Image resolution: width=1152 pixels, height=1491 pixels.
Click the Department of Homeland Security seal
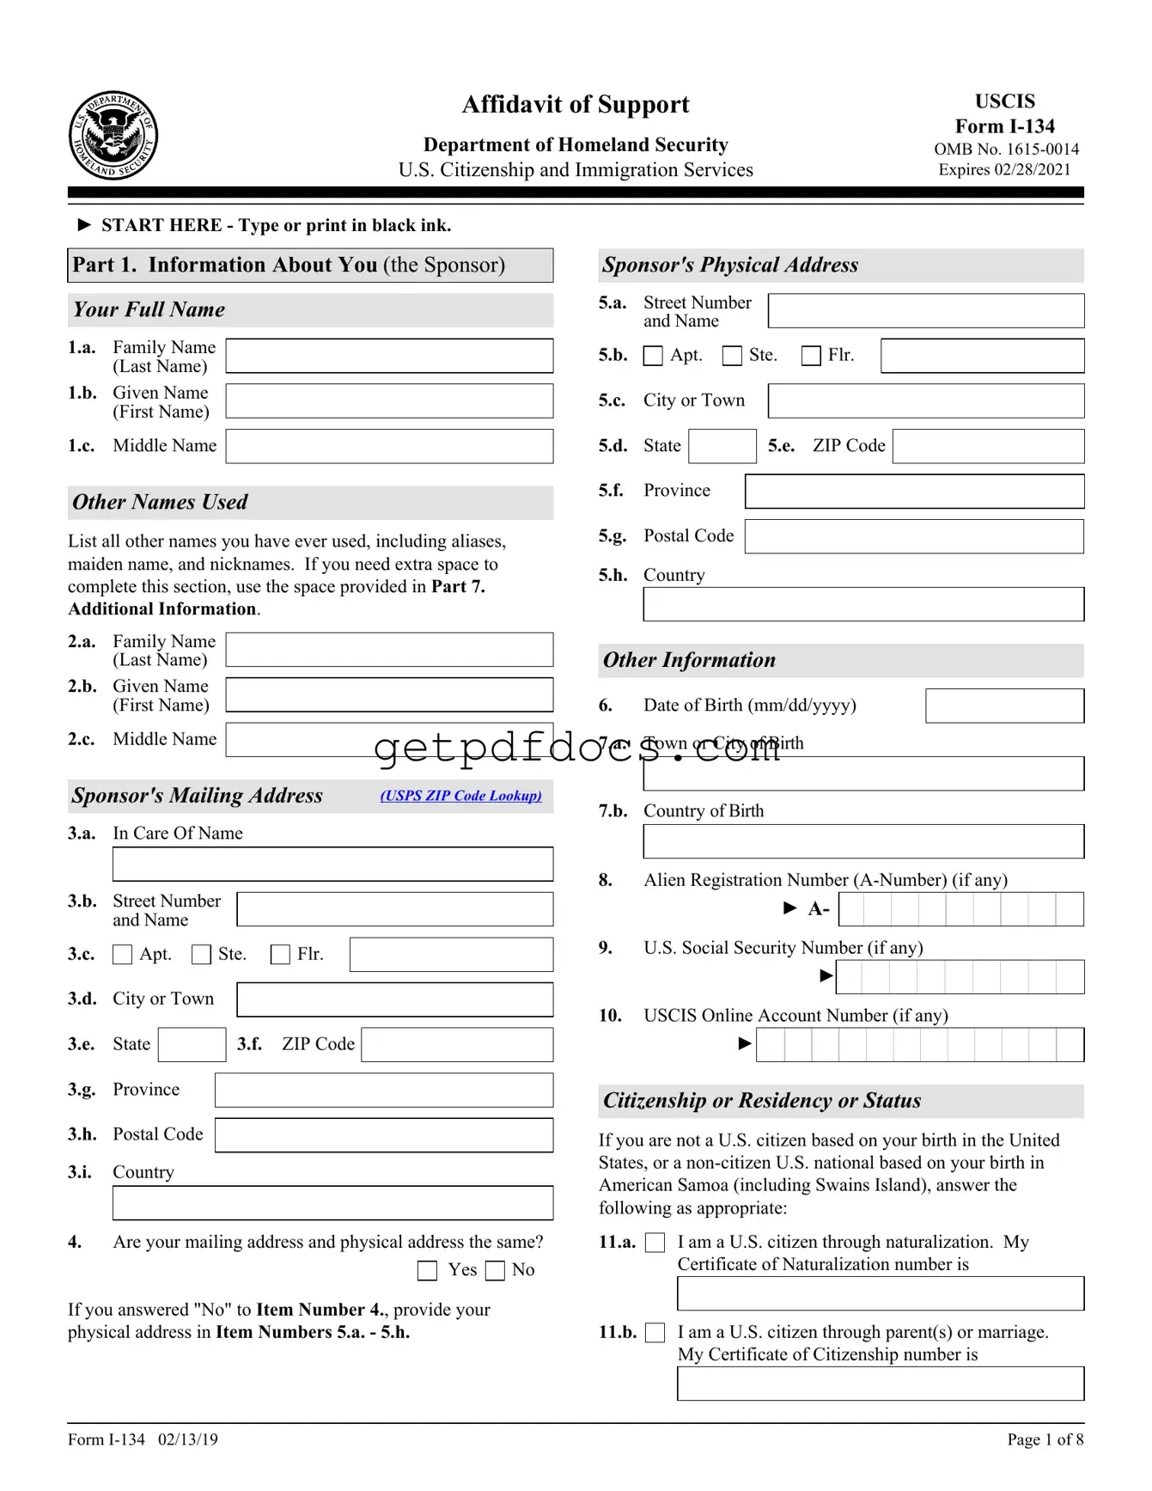(x=113, y=136)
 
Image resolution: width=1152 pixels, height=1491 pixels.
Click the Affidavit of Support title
(x=576, y=105)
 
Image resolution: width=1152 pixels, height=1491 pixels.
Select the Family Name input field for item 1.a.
(x=389, y=356)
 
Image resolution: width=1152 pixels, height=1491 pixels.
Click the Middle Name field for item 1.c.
(x=389, y=446)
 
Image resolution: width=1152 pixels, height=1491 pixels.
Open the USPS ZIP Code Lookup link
(x=461, y=796)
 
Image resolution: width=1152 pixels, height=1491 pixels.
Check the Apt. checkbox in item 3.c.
(x=123, y=955)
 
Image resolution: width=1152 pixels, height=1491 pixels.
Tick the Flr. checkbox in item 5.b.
(x=811, y=356)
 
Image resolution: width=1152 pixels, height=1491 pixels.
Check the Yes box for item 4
(x=427, y=1271)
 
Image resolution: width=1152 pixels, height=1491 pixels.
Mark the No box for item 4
(x=496, y=1271)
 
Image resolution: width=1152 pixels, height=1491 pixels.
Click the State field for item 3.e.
(x=192, y=1045)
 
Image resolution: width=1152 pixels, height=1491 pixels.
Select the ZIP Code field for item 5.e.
(x=988, y=446)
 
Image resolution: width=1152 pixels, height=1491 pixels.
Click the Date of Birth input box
(x=1004, y=706)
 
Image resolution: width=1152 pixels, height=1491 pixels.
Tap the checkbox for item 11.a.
(x=655, y=1243)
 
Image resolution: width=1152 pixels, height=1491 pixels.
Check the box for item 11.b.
(x=655, y=1333)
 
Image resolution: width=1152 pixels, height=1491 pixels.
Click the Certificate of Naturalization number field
(x=881, y=1293)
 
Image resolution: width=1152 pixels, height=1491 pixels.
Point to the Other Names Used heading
(x=161, y=502)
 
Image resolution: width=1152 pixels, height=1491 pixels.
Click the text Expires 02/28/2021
(x=1004, y=169)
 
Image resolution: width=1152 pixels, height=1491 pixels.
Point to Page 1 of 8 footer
(x=1045, y=1439)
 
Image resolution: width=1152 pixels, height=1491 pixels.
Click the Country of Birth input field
(x=863, y=841)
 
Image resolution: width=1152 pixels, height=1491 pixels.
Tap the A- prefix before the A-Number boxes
(x=819, y=908)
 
